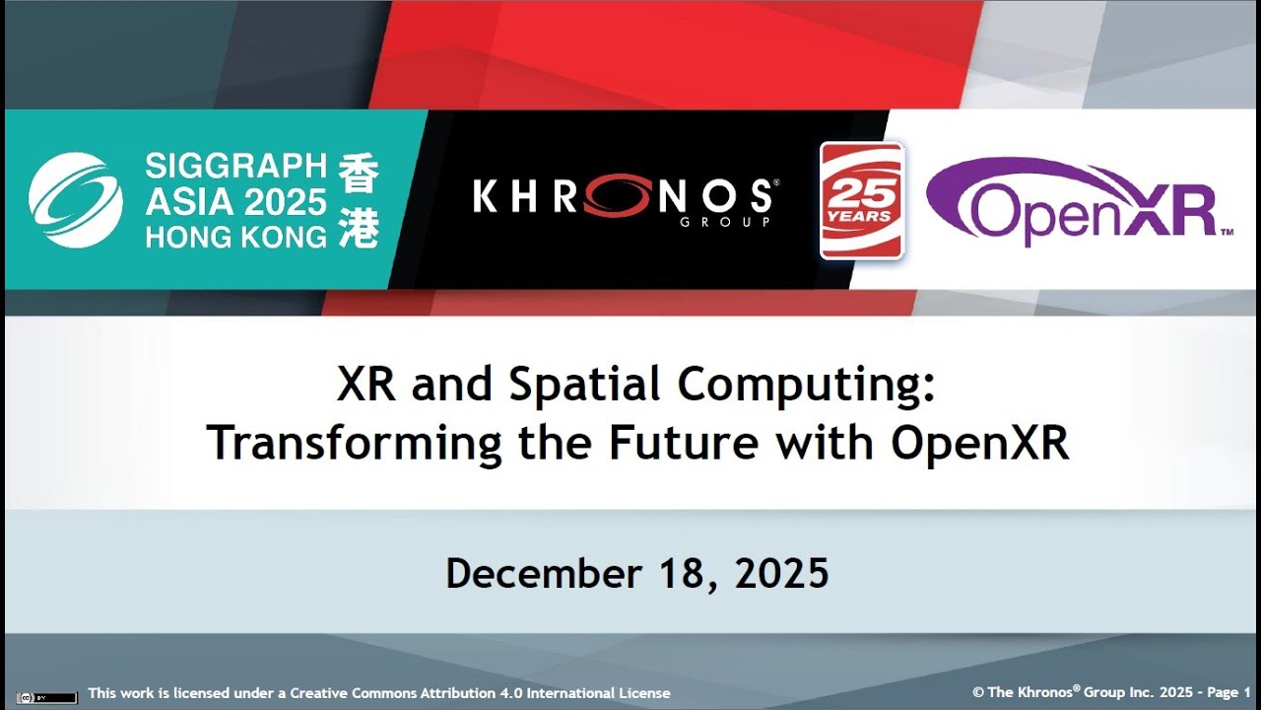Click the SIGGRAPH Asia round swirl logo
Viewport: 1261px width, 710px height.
[x=76, y=199]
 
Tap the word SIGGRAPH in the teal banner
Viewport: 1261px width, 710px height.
[x=235, y=166]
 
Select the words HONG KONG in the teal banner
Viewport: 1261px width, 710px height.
[x=235, y=237]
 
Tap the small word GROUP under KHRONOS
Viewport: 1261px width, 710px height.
[x=711, y=223]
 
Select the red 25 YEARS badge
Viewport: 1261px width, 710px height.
[x=862, y=200]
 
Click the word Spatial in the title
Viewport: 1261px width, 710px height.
[x=586, y=386]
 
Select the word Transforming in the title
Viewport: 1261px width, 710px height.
[x=355, y=443]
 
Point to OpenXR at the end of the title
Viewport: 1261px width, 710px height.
[x=980, y=443]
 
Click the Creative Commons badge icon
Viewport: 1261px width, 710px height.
[x=46, y=697]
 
